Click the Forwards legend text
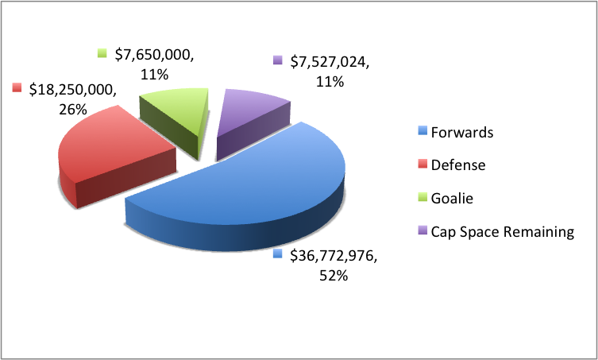pyautogui.click(x=461, y=133)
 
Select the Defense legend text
pyautogui.click(x=457, y=165)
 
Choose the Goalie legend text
pyautogui.click(x=453, y=198)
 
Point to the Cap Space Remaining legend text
pyautogui.click(x=502, y=231)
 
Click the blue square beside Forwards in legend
pyautogui.click(x=422, y=133)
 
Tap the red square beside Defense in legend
pyautogui.click(x=422, y=165)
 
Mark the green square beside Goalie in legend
pyautogui.click(x=422, y=198)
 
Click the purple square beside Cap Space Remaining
pyautogui.click(x=422, y=231)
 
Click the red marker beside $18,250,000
pyautogui.click(x=17, y=87)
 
